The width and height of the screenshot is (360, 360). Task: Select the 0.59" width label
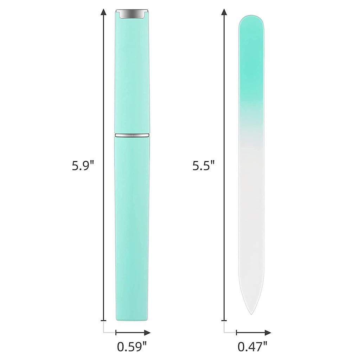click(x=132, y=346)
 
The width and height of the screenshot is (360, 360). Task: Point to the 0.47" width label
click(x=252, y=346)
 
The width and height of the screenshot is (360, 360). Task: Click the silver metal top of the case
click(x=132, y=14)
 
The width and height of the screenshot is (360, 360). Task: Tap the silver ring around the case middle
click(x=132, y=135)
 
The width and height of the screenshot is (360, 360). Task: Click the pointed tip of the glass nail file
click(x=251, y=314)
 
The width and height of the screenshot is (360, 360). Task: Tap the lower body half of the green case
click(x=132, y=229)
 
